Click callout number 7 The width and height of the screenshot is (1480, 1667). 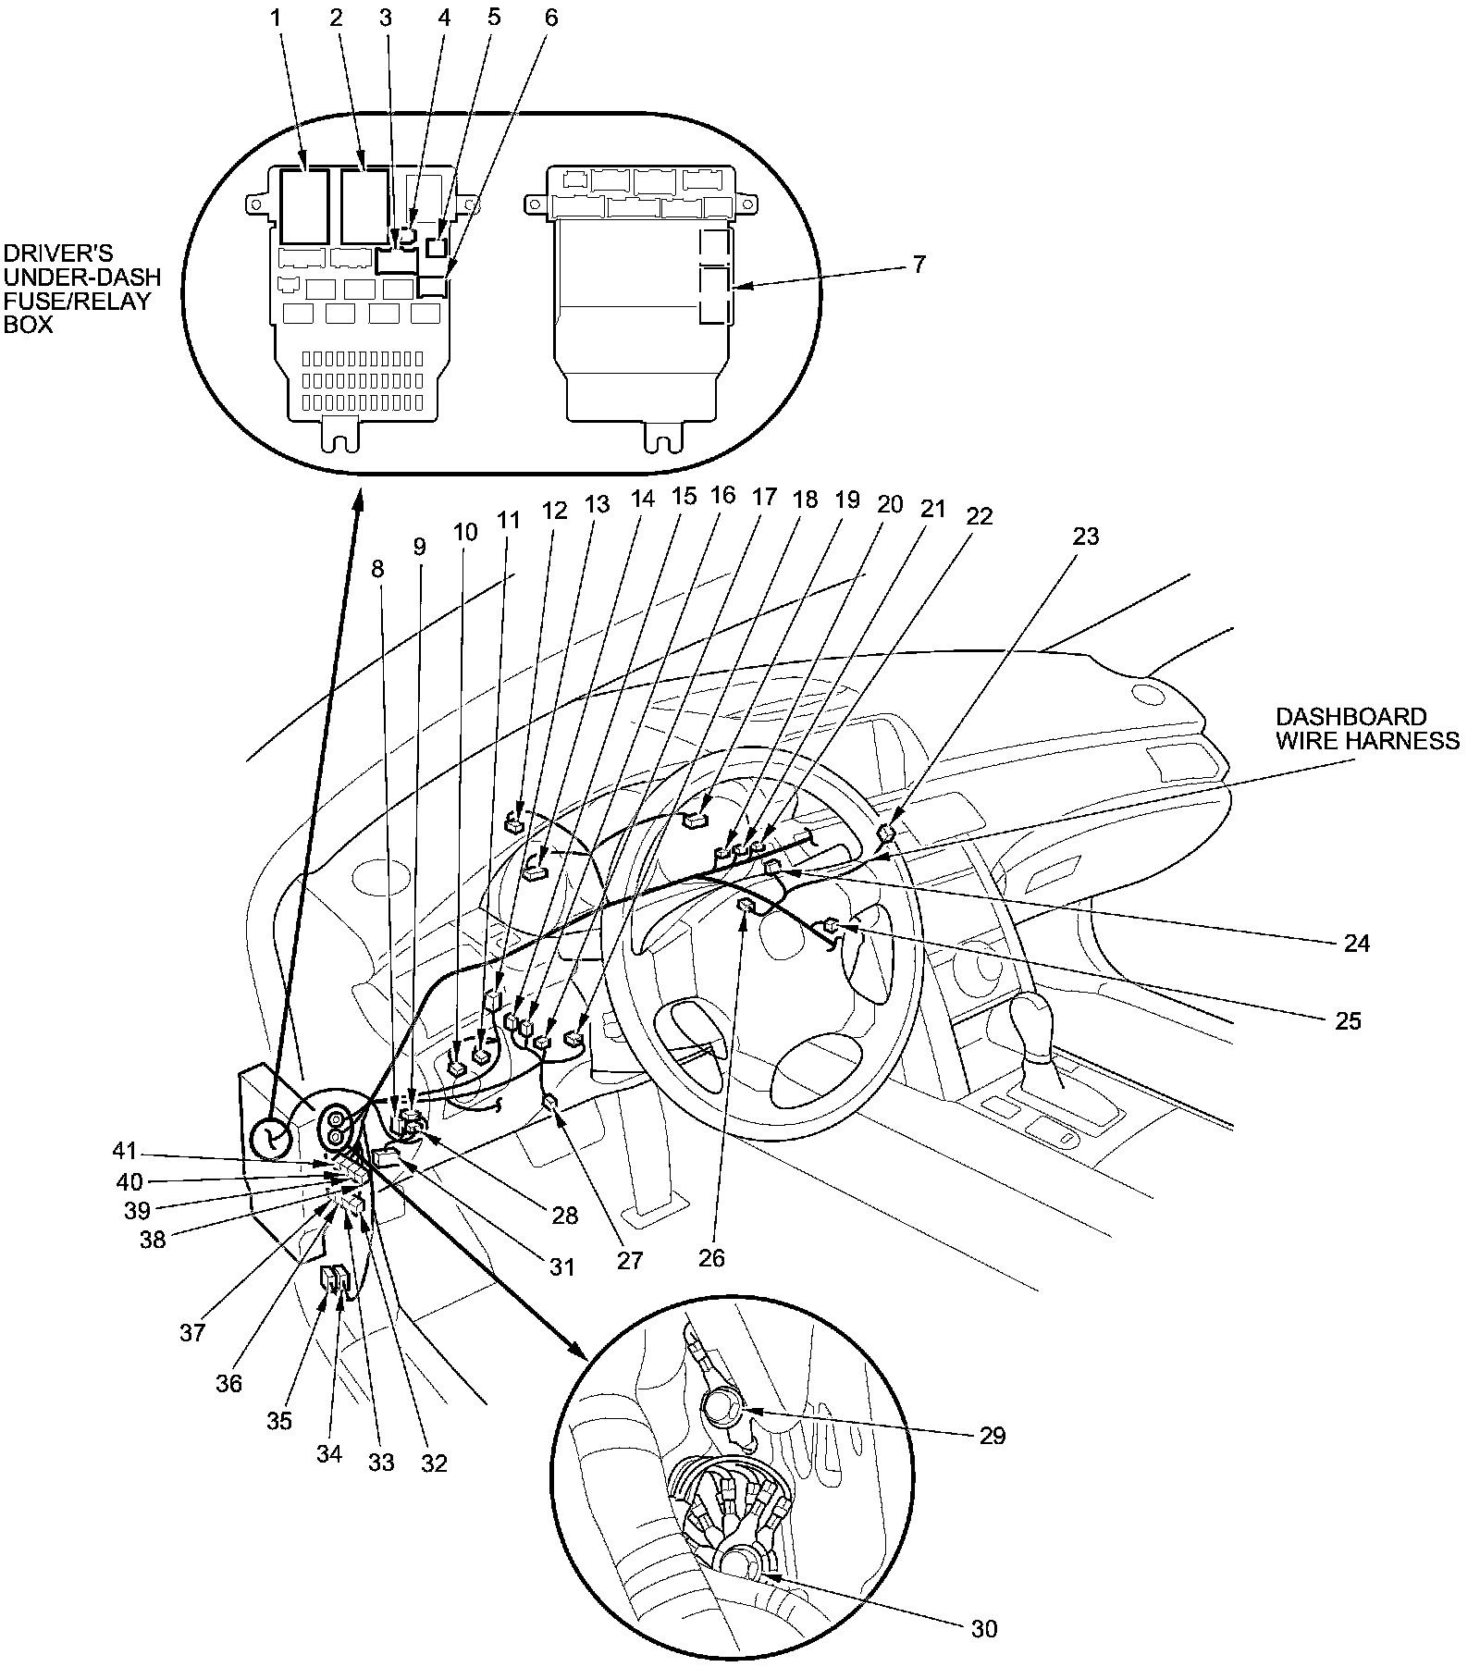click(x=917, y=264)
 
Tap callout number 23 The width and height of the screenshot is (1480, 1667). click(x=1086, y=536)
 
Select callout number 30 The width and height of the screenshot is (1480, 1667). click(x=984, y=1628)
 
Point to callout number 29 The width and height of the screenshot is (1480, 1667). click(x=992, y=1435)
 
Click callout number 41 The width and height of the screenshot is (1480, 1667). click(x=125, y=1151)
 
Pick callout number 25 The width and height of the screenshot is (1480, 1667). click(x=1349, y=1020)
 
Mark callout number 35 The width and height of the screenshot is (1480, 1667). click(x=279, y=1420)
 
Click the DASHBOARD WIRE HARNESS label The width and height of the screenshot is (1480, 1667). click(x=1366, y=728)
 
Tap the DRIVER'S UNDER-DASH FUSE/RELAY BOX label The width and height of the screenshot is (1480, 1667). click(x=81, y=289)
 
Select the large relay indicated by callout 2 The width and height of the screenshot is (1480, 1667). click(x=364, y=205)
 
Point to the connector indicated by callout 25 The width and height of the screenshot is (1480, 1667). click(x=832, y=924)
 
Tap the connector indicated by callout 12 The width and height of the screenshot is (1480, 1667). click(x=515, y=821)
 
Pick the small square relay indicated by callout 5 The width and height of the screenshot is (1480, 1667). click(x=438, y=246)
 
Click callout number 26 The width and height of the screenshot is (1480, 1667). click(x=712, y=1258)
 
